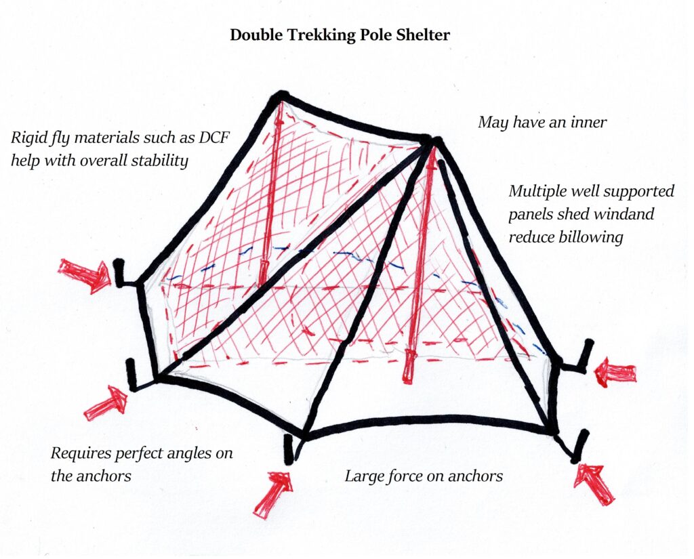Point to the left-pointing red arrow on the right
tap(615, 373)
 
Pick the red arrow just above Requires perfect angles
tap(107, 404)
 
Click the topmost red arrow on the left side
tap(84, 275)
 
